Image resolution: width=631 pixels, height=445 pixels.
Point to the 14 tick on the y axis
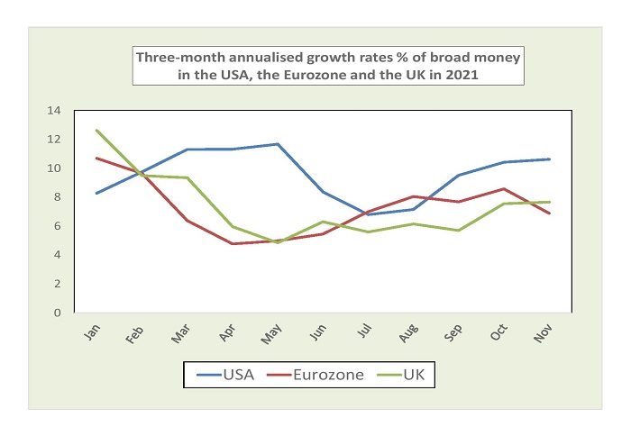78,111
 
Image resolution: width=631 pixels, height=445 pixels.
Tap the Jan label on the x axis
94,333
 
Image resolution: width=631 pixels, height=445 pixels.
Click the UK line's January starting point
96,131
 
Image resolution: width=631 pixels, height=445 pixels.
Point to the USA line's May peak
278,144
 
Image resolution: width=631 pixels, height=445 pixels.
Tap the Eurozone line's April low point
233,244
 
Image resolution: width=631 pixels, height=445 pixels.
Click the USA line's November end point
550,159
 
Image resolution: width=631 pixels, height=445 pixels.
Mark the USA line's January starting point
96,193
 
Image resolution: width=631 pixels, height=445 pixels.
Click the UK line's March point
187,177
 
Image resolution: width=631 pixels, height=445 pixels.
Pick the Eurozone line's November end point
550,213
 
